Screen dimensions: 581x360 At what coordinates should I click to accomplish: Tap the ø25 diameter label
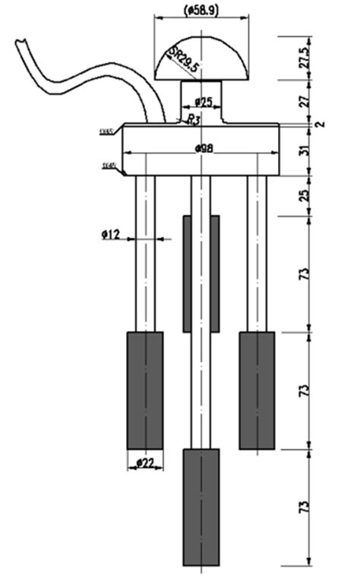click(x=203, y=102)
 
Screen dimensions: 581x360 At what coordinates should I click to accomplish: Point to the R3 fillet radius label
click(x=194, y=119)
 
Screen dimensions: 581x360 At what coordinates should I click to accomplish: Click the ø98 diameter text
click(x=203, y=147)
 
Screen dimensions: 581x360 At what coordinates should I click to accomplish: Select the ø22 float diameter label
click(x=145, y=463)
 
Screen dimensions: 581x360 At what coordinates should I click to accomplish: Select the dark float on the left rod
click(x=144, y=389)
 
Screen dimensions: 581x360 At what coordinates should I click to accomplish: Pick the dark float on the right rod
click(x=257, y=389)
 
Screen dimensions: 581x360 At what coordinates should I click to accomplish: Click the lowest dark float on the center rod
click(x=201, y=505)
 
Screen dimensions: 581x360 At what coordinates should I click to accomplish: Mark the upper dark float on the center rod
click(x=201, y=273)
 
